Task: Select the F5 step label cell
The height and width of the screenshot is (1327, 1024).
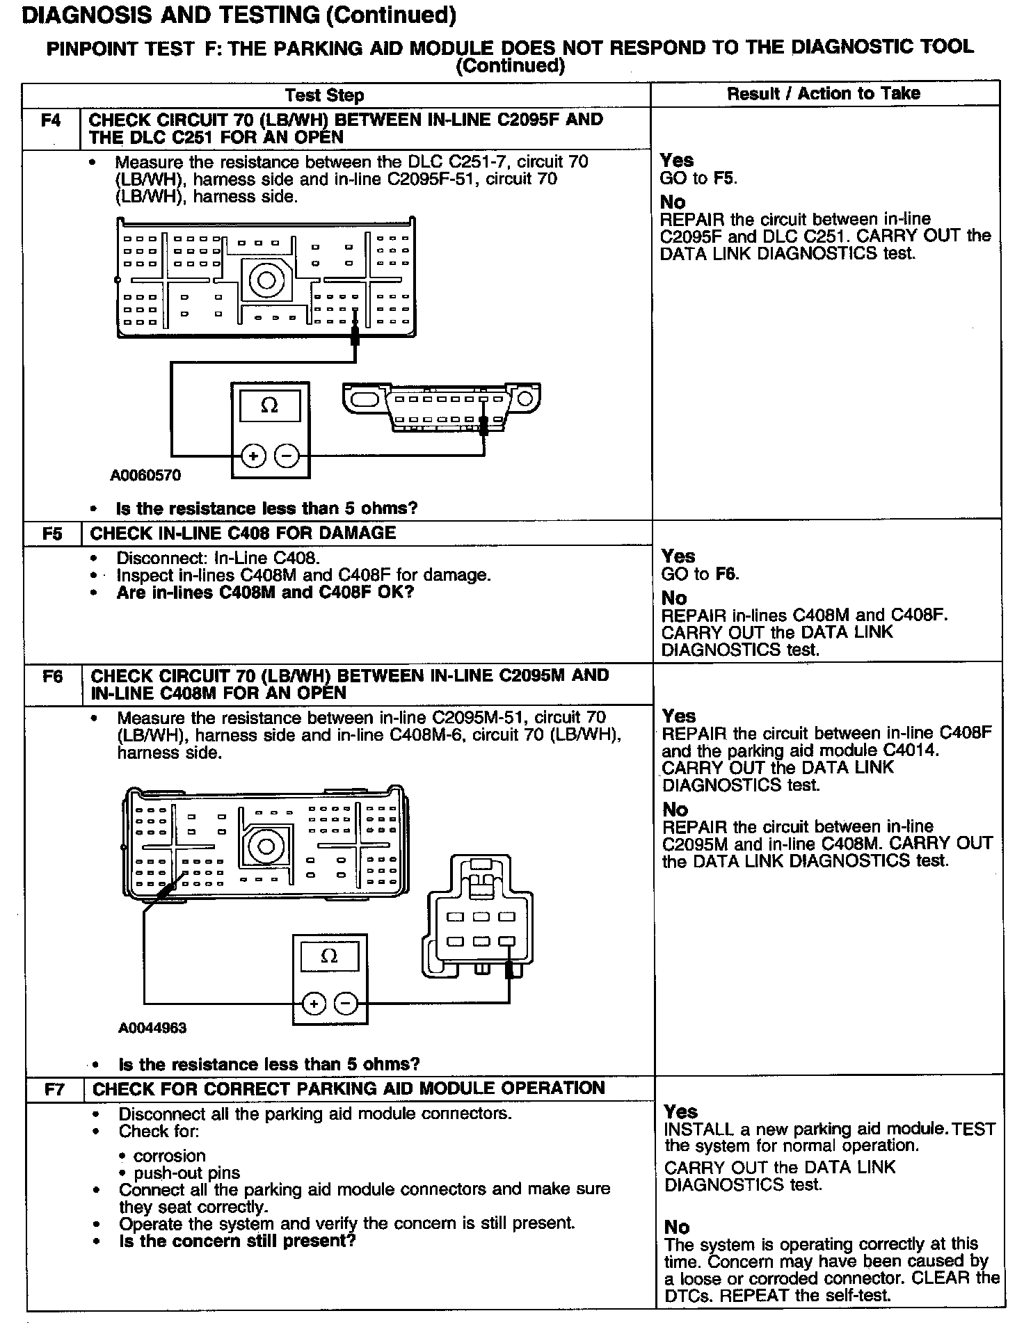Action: click(x=53, y=533)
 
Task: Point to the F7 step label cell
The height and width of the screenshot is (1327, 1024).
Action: click(x=54, y=1089)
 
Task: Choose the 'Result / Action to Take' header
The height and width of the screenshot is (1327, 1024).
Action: click(x=824, y=94)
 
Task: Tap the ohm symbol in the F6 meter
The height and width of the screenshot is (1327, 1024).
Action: click(x=330, y=956)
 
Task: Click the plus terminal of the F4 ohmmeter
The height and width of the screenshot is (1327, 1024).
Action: click(x=253, y=456)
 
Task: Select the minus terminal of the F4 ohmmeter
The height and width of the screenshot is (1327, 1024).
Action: click(x=286, y=456)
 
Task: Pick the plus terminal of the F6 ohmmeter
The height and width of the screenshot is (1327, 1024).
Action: click(x=314, y=1003)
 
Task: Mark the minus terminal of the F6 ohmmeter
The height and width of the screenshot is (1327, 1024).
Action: click(x=346, y=1003)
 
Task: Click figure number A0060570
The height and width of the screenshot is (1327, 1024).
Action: click(x=145, y=475)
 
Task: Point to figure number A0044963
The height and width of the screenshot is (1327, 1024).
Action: click(x=152, y=1028)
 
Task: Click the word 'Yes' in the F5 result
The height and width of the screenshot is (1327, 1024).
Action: click(x=678, y=556)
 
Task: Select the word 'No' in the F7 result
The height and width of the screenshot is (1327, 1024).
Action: click(x=676, y=1227)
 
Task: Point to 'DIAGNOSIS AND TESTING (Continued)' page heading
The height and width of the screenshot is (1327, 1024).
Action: click(x=239, y=15)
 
